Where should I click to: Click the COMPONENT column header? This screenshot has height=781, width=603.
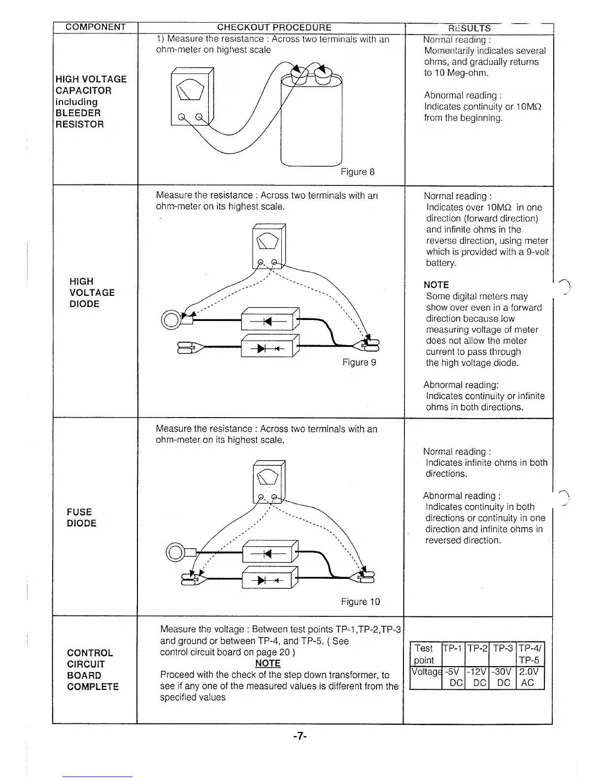coord(96,27)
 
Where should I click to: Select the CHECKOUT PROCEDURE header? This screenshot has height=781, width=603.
coord(274,28)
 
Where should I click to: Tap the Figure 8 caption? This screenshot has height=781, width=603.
coord(358,172)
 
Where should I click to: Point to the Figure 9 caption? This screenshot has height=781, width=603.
coord(359,362)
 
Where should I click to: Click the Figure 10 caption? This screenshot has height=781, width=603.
coord(361,602)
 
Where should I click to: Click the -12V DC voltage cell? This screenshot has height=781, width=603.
coord(476,677)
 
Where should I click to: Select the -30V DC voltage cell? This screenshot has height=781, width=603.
coord(502,677)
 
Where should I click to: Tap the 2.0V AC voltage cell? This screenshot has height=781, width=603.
coord(529,677)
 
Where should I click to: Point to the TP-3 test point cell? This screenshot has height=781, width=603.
coord(502,648)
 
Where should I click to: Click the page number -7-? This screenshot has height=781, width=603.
coord(300,736)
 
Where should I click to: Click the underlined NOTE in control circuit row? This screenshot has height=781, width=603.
coord(268,664)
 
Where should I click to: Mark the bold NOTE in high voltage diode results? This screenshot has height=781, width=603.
coord(436,285)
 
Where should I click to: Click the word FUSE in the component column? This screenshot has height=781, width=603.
coord(79,512)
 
